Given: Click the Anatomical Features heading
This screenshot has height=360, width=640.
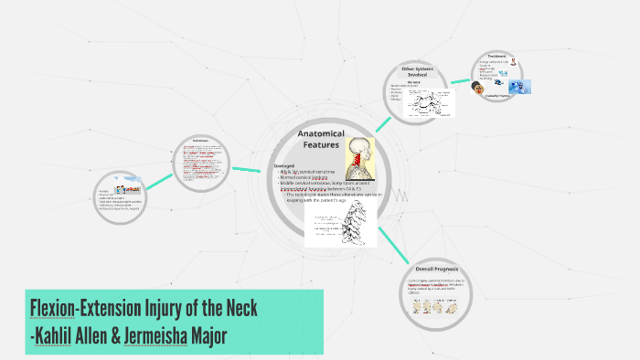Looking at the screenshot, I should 320,139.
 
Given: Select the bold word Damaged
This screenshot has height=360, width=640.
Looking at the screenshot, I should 285,165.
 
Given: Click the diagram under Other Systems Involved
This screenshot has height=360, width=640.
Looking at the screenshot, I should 425,104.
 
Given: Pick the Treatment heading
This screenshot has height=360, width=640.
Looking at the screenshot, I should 499,56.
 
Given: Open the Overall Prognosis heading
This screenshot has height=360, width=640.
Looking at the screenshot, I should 435,270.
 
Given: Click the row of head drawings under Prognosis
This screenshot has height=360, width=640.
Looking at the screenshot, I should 438,305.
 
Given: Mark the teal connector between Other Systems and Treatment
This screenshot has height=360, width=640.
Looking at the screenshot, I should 462,79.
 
